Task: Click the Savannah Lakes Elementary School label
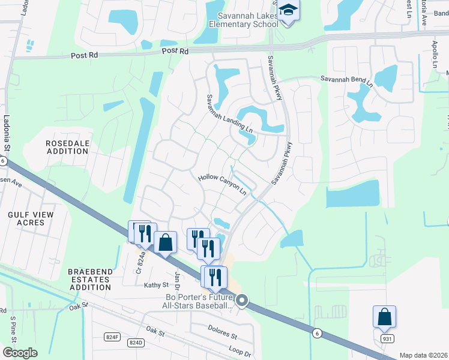coord(243,20)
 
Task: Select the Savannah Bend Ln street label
coord(346,81)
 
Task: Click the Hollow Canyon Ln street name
coord(223,185)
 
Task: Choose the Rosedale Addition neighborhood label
coord(67,147)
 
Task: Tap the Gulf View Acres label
coord(31,218)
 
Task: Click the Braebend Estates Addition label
coord(90,280)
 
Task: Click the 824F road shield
coord(112,337)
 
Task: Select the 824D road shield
coord(136,343)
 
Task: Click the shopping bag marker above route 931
coord(384,316)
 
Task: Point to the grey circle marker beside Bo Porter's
coord(242,300)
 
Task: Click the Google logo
coord(20,352)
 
